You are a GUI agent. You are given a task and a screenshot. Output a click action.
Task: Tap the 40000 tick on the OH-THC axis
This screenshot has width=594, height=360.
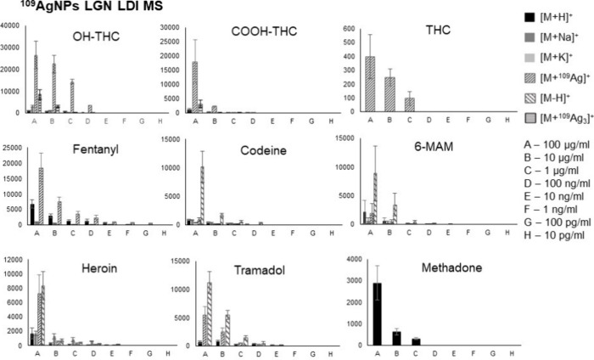click(12, 25)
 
